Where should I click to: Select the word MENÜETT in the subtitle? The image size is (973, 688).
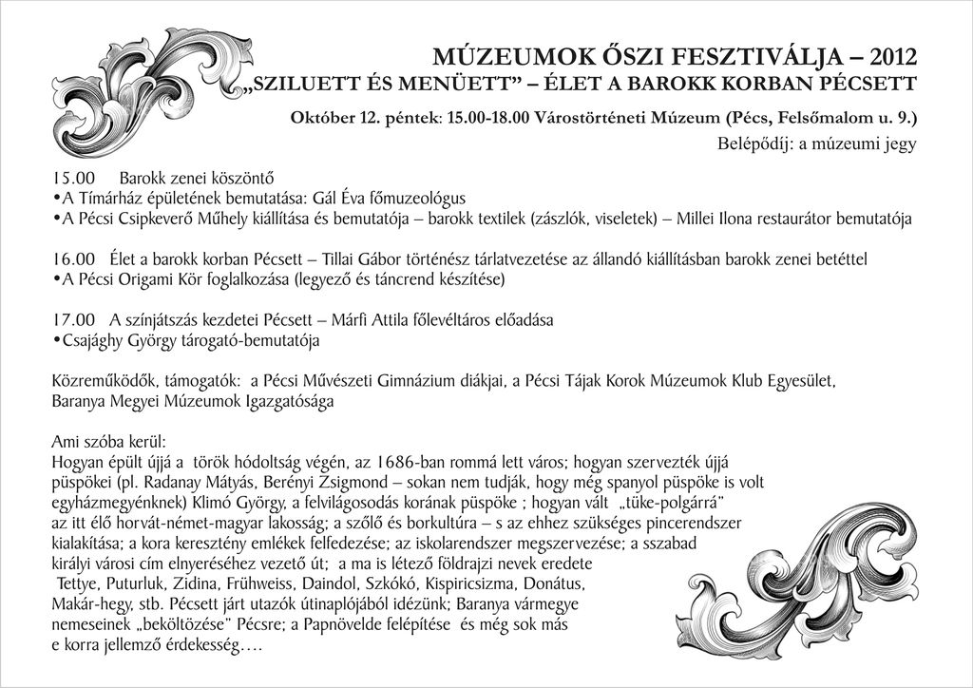click(x=447, y=84)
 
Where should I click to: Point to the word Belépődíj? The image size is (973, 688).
click(x=751, y=144)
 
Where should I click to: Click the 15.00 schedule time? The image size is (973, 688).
click(x=75, y=177)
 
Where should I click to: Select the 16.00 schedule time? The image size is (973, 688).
click(x=75, y=258)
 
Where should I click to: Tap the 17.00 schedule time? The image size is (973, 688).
click(x=75, y=318)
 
